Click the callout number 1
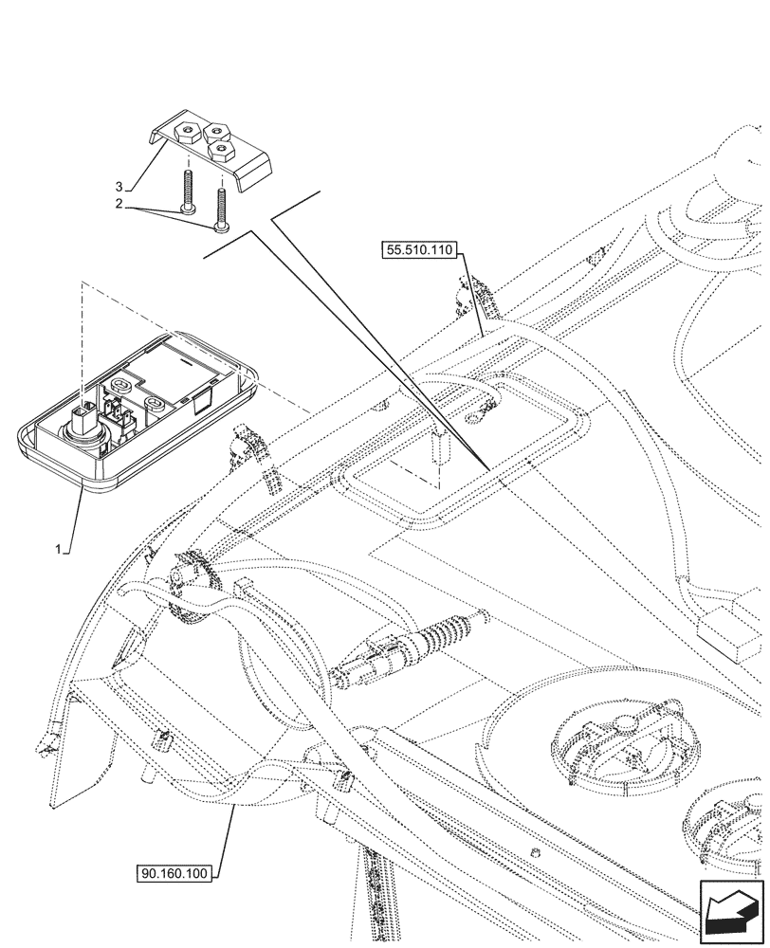59,549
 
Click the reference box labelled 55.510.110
420,250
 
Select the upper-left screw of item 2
187,190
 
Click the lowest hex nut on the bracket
223,149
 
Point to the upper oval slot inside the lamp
121,385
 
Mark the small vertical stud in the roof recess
441,446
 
